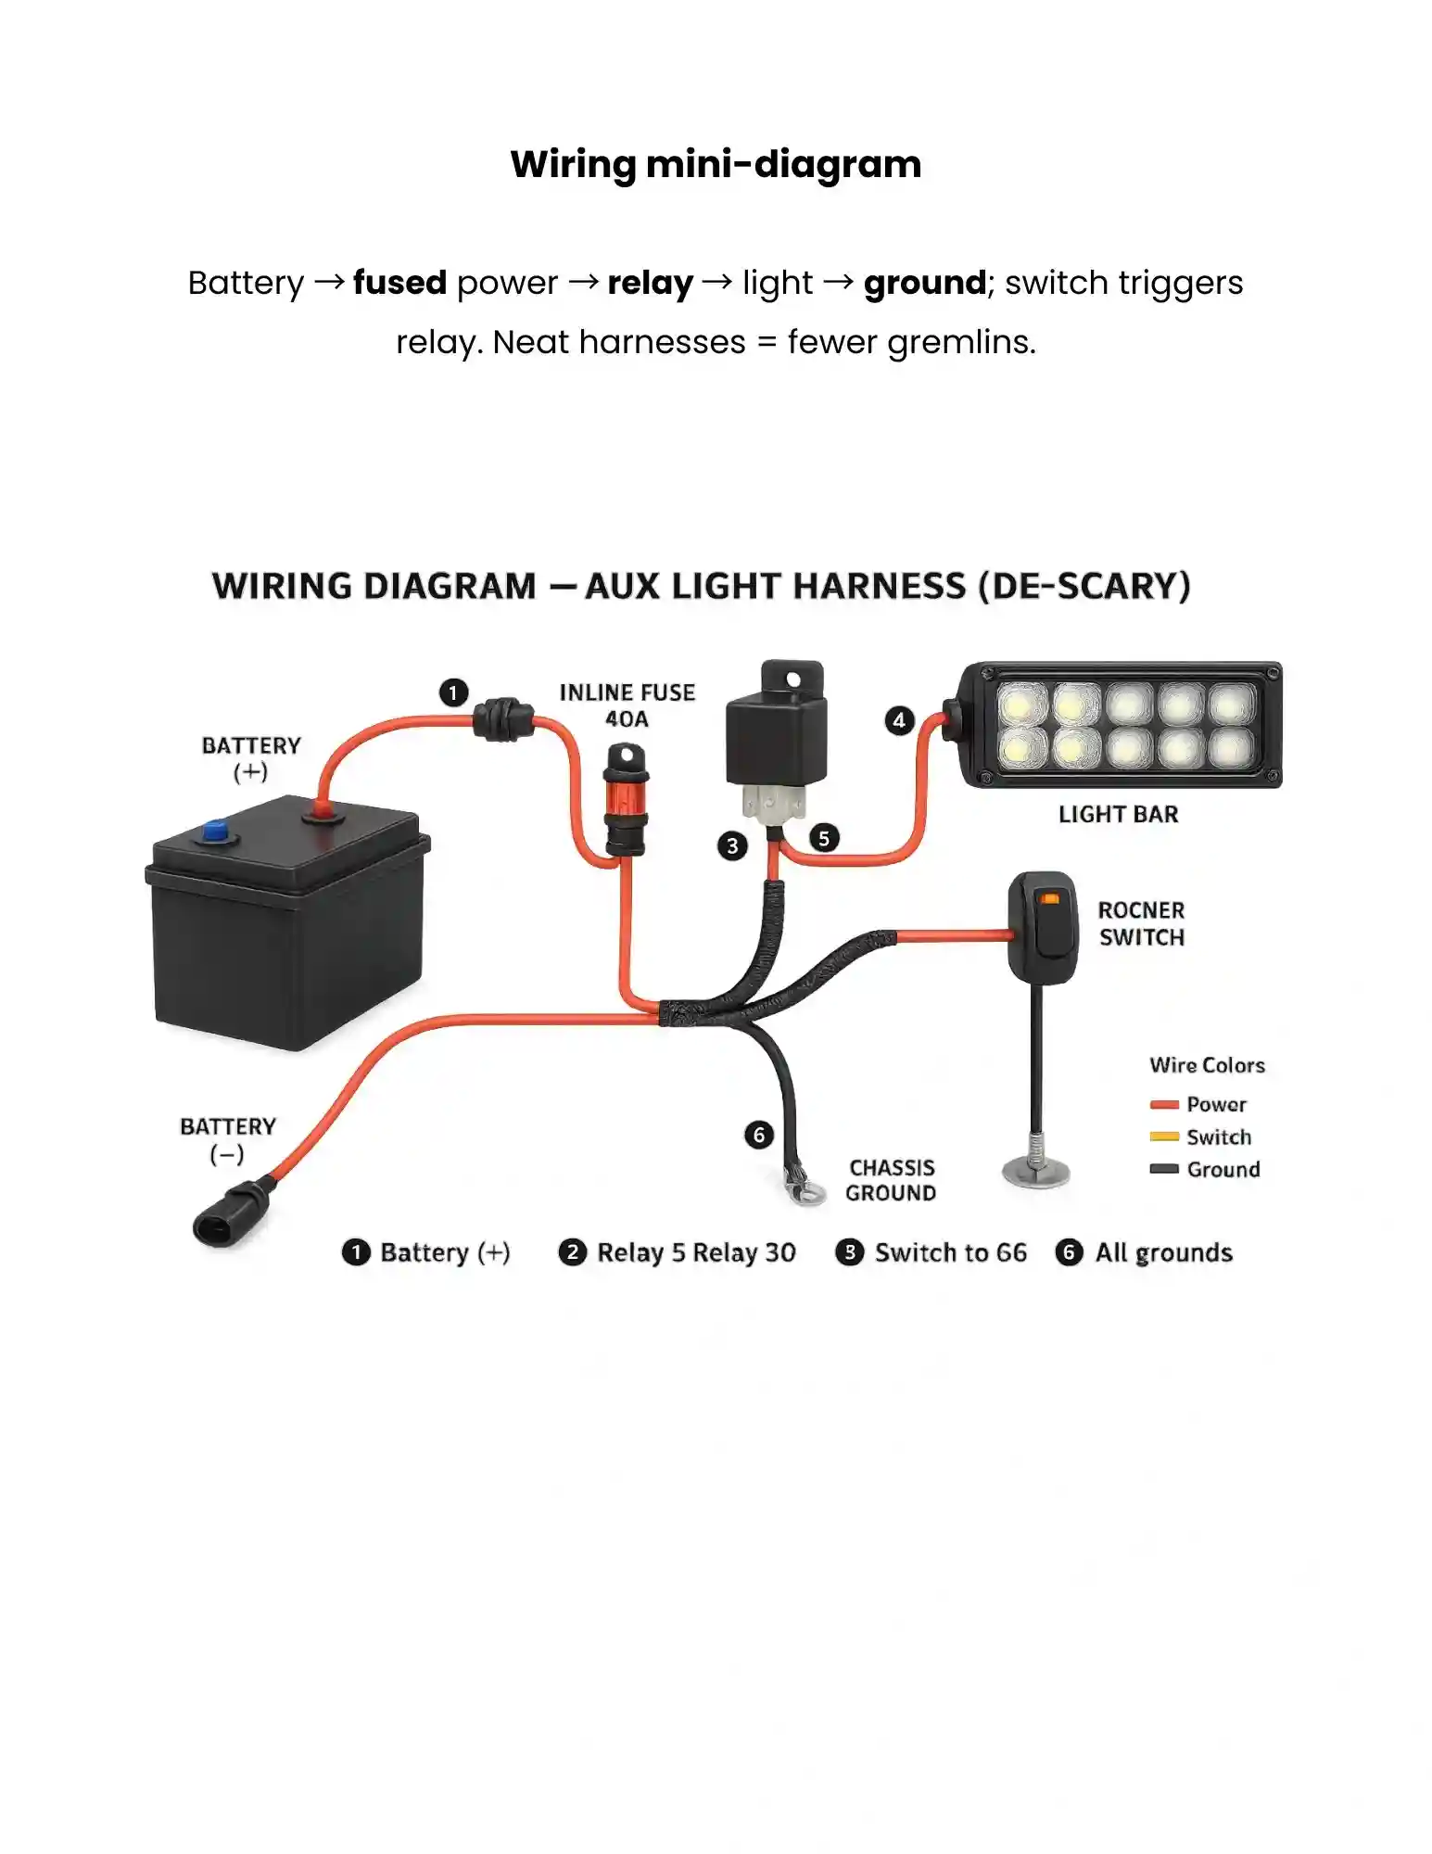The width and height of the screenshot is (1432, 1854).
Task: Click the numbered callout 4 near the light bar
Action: tap(899, 720)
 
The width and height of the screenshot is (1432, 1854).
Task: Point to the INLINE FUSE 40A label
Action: tap(627, 705)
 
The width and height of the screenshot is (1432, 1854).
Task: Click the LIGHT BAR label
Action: tap(1119, 814)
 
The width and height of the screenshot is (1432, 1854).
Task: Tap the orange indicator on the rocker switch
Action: tap(1050, 898)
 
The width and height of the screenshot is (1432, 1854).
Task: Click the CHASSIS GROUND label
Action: tap(892, 1180)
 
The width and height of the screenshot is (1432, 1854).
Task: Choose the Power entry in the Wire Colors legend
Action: tap(1198, 1104)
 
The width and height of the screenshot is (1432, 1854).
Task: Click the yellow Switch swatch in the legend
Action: tap(1164, 1137)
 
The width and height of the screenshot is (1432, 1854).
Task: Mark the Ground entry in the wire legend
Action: tap(1205, 1169)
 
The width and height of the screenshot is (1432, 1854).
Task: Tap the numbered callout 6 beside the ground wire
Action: tap(759, 1135)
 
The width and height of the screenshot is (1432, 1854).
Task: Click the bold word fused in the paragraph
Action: tap(400, 283)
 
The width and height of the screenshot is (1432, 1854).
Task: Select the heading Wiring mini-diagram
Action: tap(716, 164)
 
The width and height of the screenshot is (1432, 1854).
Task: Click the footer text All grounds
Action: tap(1164, 1252)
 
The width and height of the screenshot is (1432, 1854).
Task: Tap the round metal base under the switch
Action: tap(1036, 1172)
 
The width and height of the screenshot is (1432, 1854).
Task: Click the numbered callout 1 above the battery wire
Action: tap(453, 692)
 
